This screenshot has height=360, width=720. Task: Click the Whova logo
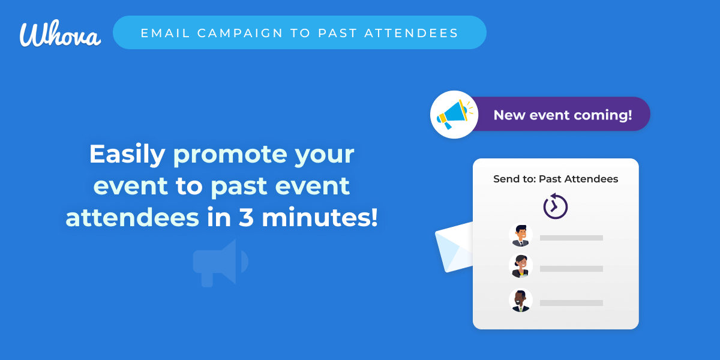[x=60, y=34]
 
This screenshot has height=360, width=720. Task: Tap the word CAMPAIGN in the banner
[x=240, y=33]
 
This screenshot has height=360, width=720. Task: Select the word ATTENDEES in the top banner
[x=411, y=33]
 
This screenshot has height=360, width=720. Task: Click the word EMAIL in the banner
[x=166, y=33]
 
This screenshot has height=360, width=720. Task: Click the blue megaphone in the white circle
[x=454, y=115]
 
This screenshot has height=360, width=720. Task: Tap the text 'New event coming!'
[x=563, y=115]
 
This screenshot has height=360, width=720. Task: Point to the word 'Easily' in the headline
[x=127, y=155]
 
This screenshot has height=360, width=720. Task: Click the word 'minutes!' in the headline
[x=319, y=217]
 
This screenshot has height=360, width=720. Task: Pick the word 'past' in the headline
[x=239, y=187]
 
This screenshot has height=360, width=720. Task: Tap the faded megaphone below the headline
[x=221, y=263]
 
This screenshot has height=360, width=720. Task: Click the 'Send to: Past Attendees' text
[x=556, y=179]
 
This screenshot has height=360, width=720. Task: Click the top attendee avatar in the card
[x=521, y=235]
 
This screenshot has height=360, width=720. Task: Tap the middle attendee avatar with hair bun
[x=521, y=266]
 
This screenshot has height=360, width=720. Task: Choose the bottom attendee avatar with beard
[x=521, y=300]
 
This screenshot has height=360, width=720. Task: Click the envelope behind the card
[x=454, y=247]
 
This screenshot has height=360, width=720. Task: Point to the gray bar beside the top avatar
[x=571, y=238]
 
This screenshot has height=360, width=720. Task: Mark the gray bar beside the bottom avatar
[x=571, y=303]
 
